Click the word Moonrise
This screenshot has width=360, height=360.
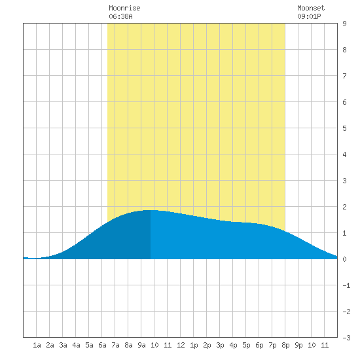coord(124,8)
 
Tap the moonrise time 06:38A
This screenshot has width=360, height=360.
coord(120,16)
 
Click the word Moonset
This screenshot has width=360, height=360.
coord(311,8)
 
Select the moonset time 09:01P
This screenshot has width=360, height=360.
coord(309,16)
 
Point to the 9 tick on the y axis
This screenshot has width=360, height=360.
coord(344,24)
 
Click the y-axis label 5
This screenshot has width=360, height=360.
coord(344,128)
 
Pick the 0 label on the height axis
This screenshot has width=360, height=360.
coord(344,259)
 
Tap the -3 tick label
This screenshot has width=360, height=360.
coord(346,338)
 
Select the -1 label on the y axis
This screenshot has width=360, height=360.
coord(346,285)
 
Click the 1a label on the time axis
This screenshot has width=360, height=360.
coord(37,345)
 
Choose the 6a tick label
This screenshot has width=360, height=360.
coord(102,345)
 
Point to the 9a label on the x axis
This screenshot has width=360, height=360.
coord(141,345)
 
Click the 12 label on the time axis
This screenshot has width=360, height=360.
coord(181,345)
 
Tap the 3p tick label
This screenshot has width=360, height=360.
coord(220,345)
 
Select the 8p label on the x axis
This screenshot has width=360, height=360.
coord(285,345)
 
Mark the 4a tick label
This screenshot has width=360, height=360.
coord(76,345)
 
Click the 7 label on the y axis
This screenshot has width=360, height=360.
coord(344,76)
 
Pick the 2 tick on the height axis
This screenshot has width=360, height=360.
coord(344,207)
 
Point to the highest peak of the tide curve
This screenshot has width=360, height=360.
coord(151,210)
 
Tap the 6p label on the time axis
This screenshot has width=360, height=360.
coord(259,345)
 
